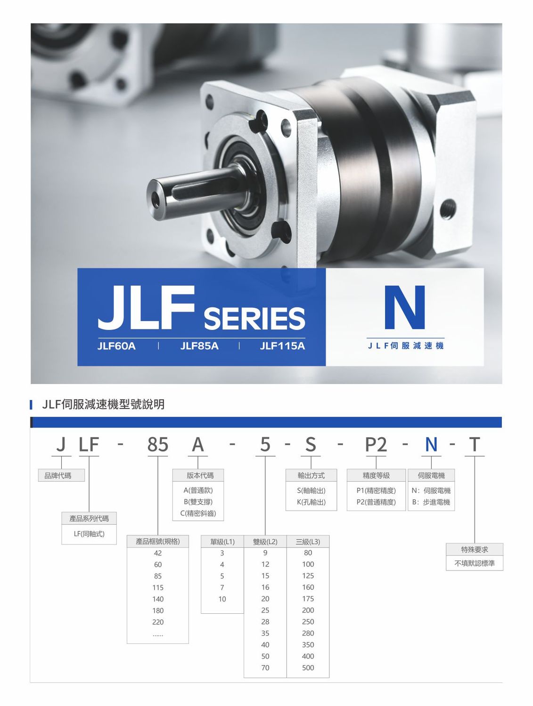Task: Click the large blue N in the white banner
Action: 404,307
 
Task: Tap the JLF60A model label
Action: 116,346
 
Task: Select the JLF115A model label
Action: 282,346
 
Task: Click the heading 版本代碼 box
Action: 198,475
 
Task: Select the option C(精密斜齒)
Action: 198,513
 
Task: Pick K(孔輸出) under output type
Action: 311,502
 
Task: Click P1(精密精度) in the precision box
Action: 376,490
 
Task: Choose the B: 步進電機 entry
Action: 431,502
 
